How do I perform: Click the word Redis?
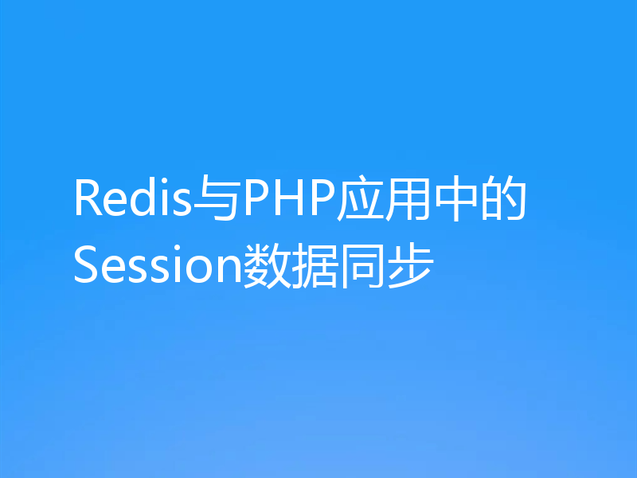pos(134,200)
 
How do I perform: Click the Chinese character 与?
pos(217,200)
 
